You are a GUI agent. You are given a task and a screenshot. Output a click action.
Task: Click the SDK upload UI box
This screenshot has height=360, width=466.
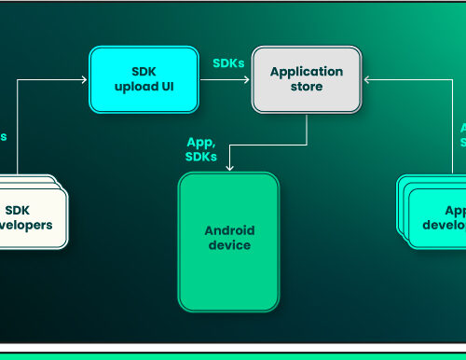[x=144, y=79]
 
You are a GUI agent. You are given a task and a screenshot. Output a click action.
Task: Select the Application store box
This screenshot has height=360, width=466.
[x=307, y=79]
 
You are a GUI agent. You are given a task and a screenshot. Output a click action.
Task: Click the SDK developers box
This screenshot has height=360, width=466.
[x=33, y=217]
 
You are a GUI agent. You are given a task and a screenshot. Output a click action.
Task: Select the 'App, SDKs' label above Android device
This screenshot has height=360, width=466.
[x=201, y=148]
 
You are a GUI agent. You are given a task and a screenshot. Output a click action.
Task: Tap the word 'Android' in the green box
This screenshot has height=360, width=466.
[x=229, y=230]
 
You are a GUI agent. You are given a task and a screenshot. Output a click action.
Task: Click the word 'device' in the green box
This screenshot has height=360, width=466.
[x=229, y=245]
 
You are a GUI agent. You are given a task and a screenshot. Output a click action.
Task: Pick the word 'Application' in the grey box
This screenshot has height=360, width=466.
[x=307, y=72]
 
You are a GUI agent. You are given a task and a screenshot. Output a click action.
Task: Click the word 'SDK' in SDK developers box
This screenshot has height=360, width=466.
[x=18, y=210]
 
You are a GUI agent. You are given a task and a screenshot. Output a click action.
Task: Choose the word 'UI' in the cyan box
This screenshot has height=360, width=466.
[x=165, y=88]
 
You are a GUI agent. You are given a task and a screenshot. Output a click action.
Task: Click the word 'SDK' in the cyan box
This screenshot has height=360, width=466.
[x=144, y=72]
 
